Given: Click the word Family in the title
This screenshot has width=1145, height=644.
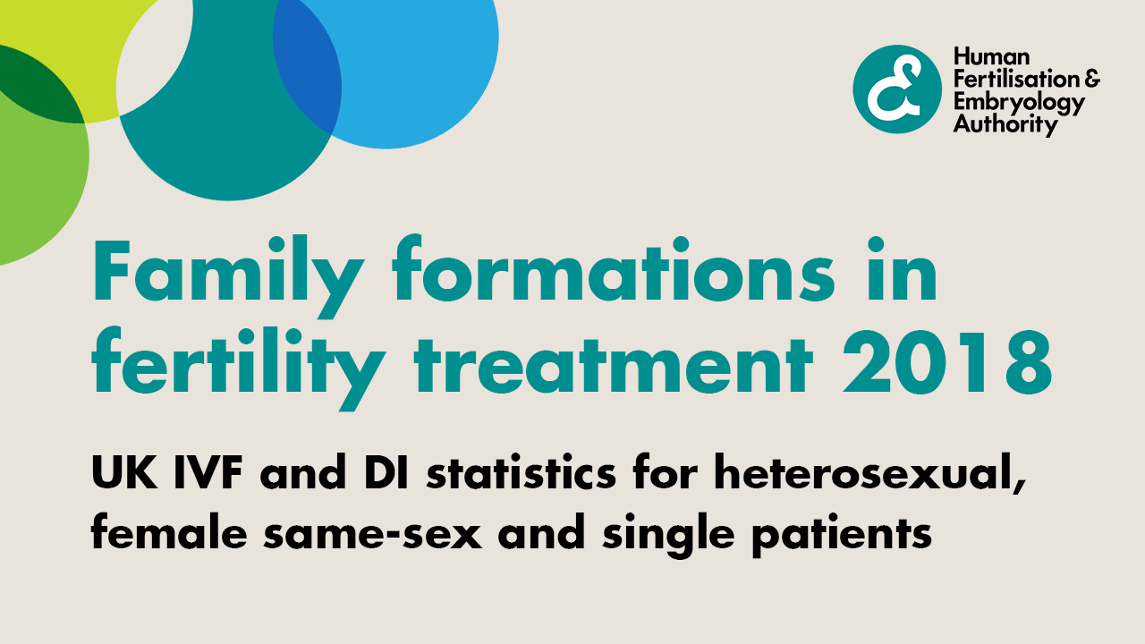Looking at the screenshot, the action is pos(228,276).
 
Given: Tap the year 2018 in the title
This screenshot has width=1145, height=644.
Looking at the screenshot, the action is pos(947,362).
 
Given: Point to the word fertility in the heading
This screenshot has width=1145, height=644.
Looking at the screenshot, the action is pos(238,368).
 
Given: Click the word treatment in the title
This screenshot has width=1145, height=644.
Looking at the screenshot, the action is pos(614,365).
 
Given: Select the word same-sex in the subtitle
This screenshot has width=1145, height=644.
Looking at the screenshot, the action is pos(373,532).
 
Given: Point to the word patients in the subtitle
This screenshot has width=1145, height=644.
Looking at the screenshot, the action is pos(842,535).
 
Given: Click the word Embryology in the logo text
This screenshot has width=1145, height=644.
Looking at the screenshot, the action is pos(1019,105).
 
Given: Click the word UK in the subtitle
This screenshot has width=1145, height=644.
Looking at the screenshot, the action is pos(123,472).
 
